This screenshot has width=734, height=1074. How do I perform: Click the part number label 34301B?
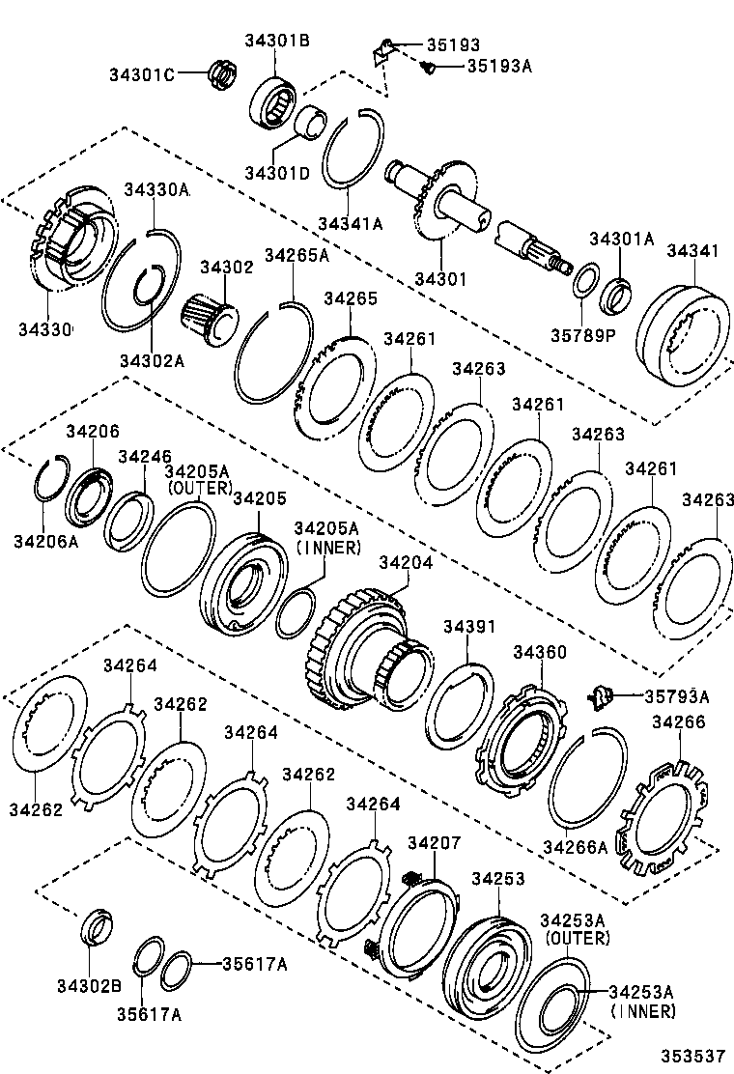point(276,41)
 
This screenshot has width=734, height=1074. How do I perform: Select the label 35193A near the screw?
point(499,66)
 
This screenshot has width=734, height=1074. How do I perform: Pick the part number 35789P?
point(582,335)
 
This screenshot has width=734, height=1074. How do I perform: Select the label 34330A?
point(155,190)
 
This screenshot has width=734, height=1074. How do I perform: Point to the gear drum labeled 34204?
point(372,647)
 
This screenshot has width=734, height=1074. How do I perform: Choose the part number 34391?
point(469,628)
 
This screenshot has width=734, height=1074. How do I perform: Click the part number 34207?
point(434,843)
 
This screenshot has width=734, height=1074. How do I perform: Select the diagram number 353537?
point(692,1057)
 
